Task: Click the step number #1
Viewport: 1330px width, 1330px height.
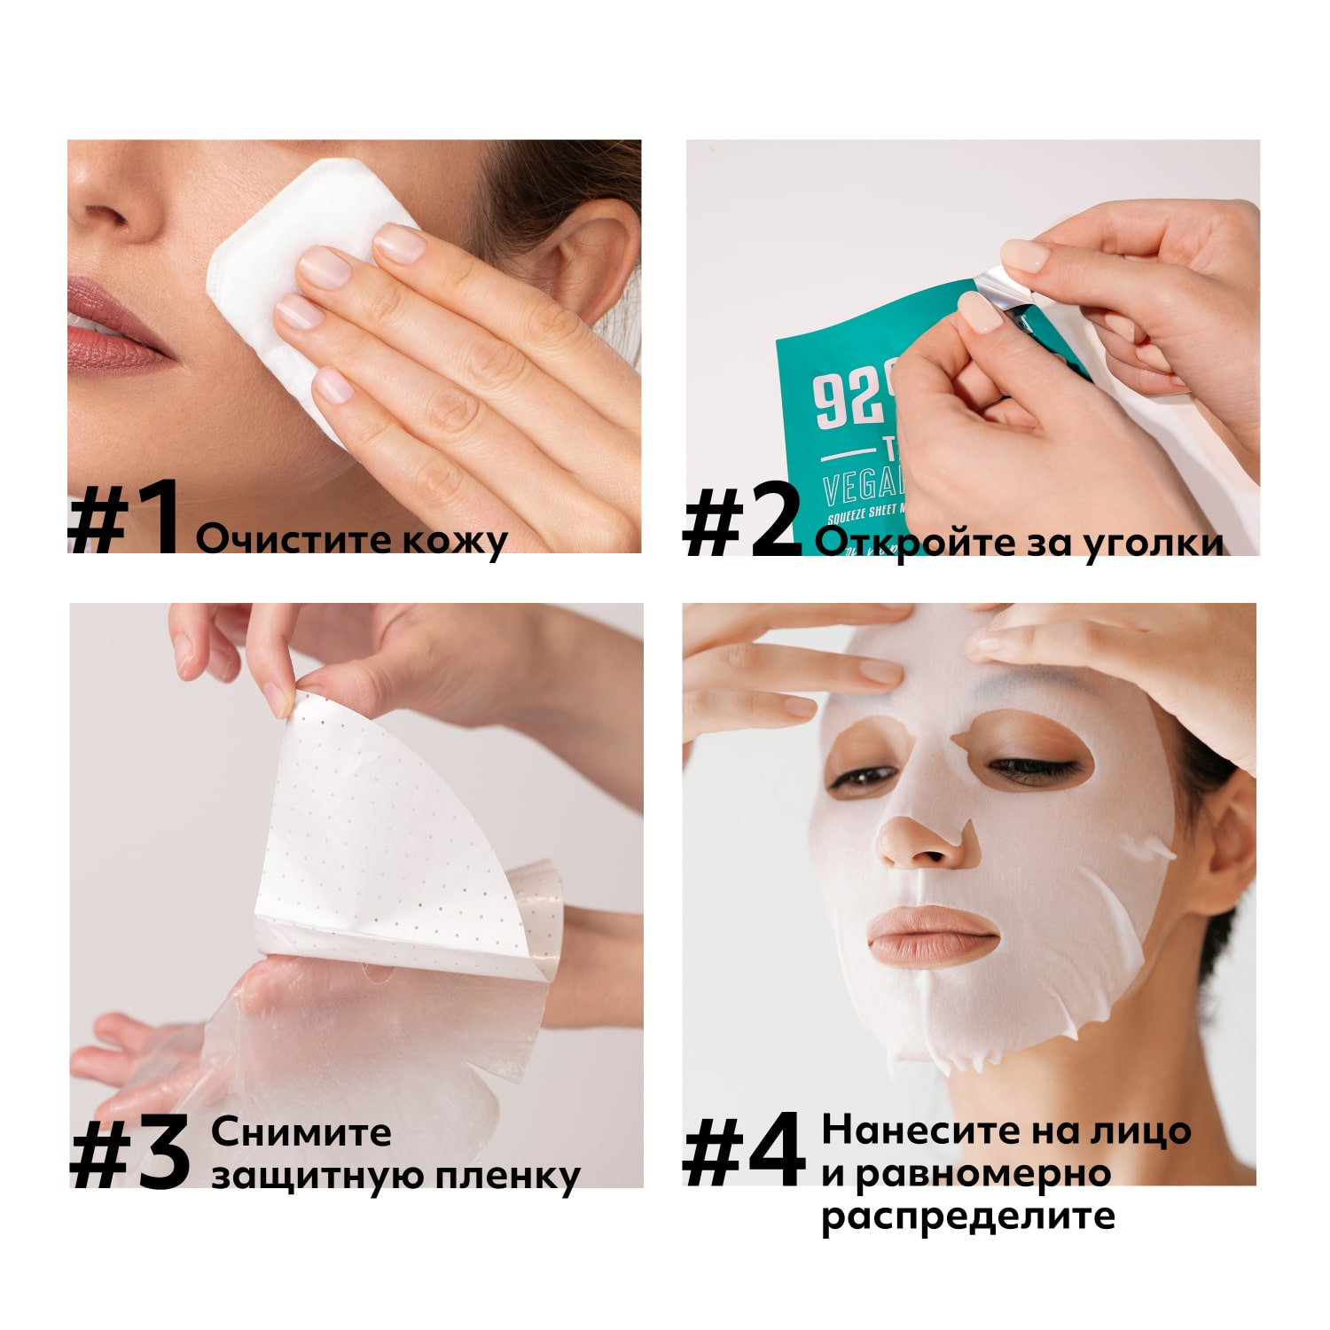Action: click(x=124, y=519)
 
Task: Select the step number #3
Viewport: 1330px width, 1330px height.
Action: click(x=130, y=1153)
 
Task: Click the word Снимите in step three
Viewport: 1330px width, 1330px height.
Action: click(x=301, y=1132)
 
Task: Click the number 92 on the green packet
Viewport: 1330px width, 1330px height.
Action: click(x=847, y=399)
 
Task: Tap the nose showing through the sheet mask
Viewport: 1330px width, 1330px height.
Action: click(x=922, y=842)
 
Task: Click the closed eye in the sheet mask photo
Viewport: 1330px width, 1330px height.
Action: click(x=1029, y=765)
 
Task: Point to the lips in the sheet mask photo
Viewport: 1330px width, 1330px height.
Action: click(x=931, y=935)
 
